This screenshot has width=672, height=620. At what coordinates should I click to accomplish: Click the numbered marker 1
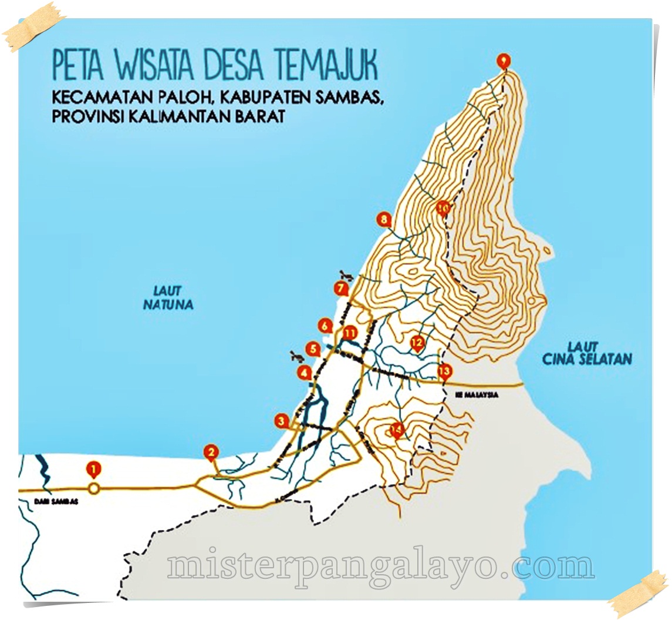93,470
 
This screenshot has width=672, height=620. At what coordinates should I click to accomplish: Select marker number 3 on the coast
282,421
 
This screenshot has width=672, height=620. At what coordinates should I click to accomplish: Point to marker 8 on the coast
384,220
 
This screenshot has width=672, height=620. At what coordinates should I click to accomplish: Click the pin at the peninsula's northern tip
503,61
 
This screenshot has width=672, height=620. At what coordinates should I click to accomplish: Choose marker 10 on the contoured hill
443,207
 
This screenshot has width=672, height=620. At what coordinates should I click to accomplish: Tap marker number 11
350,333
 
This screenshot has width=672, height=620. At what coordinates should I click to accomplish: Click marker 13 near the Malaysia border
445,371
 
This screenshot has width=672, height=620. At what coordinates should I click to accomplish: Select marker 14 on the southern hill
397,430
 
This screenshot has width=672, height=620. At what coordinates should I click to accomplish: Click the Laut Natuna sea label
168,298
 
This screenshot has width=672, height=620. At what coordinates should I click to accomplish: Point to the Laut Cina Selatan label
587,353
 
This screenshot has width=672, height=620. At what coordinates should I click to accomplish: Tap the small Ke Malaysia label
477,395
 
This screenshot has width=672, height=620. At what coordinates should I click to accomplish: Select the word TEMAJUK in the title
334,66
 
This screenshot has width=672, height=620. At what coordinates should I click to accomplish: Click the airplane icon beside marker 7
346,274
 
